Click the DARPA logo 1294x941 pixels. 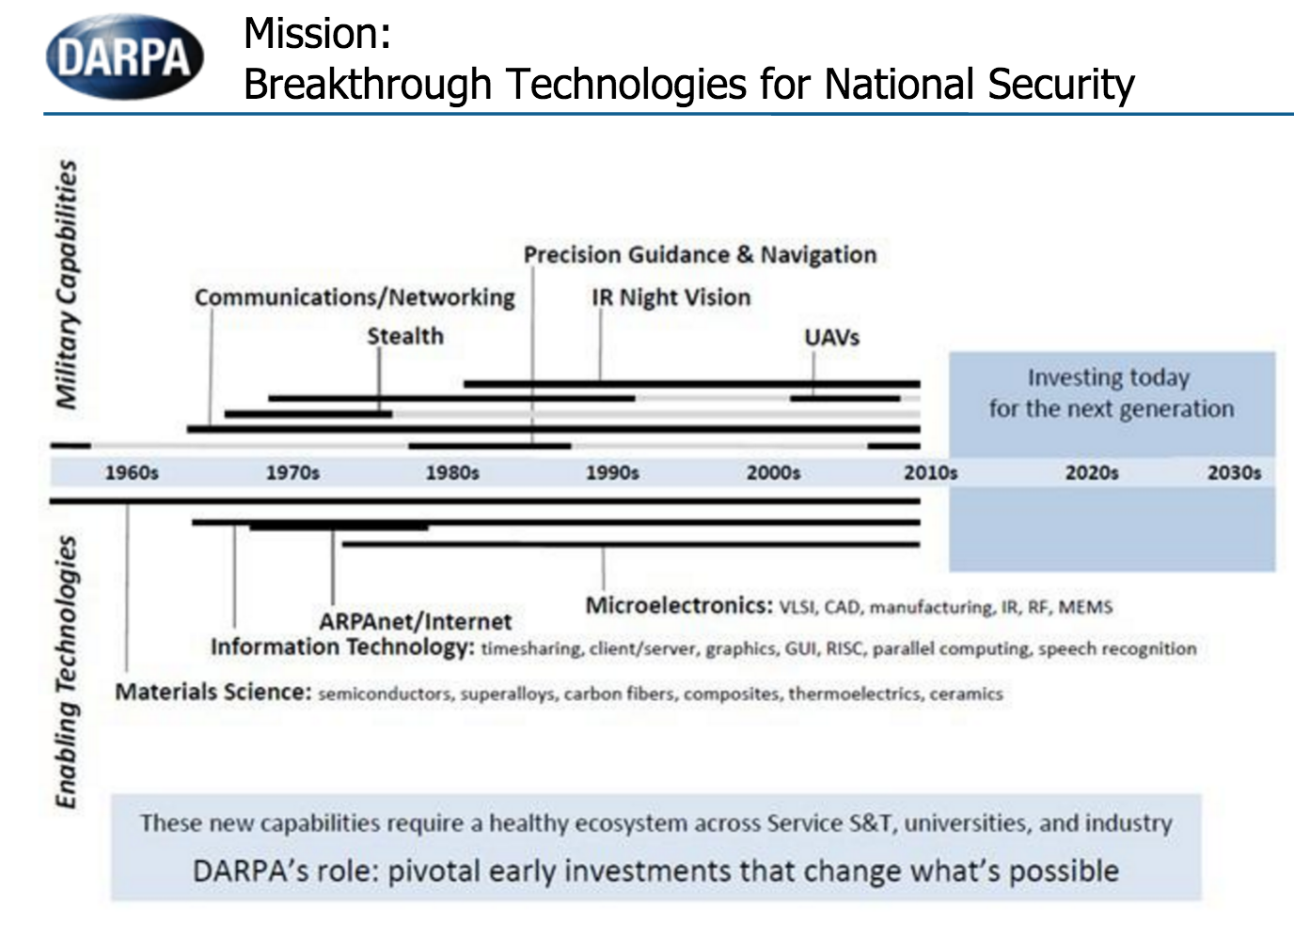tap(125, 57)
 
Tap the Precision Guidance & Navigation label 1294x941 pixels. tap(701, 255)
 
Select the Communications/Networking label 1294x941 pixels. tap(355, 297)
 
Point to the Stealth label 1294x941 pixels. tap(405, 336)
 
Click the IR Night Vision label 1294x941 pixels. tap(671, 297)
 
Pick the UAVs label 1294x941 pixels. tap(832, 337)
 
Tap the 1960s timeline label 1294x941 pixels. tap(132, 472)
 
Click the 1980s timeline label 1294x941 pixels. tap(452, 472)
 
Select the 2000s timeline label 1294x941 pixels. tap(774, 472)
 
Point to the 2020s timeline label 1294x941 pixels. tap(1092, 472)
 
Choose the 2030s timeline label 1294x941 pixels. tap(1235, 472)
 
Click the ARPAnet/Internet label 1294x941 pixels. tap(416, 622)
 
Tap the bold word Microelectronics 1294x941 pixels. tap(679, 606)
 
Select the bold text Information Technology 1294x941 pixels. tap(342, 646)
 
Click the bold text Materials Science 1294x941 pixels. tap(213, 692)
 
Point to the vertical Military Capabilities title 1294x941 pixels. tap(67, 284)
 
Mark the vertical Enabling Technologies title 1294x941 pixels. tap(67, 672)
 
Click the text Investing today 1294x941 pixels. tap(1109, 378)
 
